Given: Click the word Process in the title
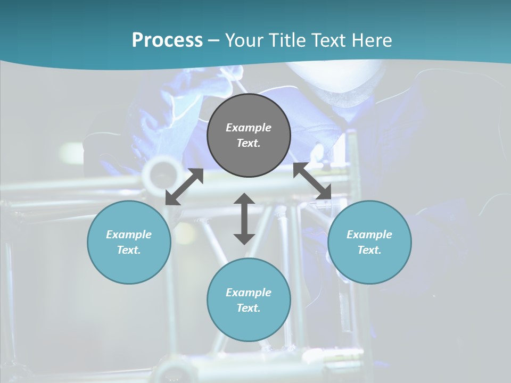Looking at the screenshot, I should click(x=167, y=40).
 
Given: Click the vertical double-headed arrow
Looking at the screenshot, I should click(x=244, y=219).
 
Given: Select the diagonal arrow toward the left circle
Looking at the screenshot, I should click(x=184, y=187).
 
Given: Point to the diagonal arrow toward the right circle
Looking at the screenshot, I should click(x=312, y=181).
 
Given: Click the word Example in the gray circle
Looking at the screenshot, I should click(x=249, y=128).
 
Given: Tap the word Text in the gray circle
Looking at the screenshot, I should click(x=249, y=143).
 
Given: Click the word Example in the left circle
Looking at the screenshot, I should click(x=129, y=235).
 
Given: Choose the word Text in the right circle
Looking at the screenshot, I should click(x=369, y=250).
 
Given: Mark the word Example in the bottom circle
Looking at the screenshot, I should click(x=249, y=293).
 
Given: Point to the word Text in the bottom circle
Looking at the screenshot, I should click(x=249, y=308).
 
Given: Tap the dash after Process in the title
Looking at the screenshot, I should click(x=213, y=40).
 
